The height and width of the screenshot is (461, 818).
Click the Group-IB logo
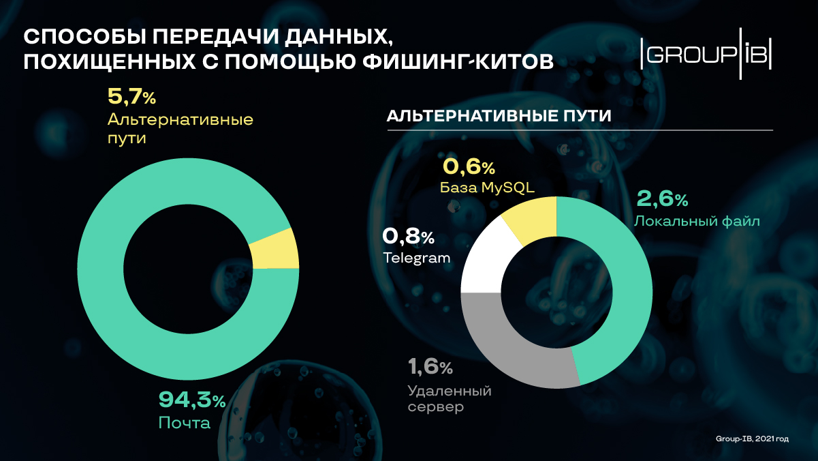[707, 55]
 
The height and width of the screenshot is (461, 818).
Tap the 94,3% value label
[191, 400]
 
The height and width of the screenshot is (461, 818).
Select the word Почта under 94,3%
[184, 423]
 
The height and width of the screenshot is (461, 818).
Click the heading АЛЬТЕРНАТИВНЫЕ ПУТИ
[499, 116]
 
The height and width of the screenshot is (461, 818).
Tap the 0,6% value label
[469, 166]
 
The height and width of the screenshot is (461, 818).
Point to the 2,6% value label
[662, 199]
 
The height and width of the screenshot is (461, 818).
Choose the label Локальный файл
[696, 221]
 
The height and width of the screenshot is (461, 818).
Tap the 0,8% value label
[408, 237]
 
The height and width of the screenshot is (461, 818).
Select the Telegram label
[416, 258]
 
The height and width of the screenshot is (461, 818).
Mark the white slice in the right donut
[485, 259]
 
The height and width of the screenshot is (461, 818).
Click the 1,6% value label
[430, 368]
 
